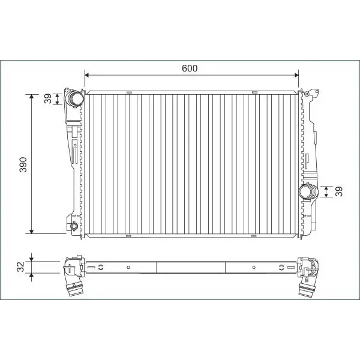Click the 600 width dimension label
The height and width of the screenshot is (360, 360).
point(190,68)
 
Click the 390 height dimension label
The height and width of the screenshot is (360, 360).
point(23,164)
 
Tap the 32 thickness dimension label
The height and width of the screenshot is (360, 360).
point(20,267)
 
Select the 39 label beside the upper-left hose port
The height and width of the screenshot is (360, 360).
point(48,98)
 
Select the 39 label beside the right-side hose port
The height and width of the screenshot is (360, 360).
point(339,191)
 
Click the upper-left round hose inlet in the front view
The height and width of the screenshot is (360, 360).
point(76,98)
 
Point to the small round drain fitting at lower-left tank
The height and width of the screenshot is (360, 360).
point(74,226)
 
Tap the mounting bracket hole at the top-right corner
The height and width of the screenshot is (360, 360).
point(306,94)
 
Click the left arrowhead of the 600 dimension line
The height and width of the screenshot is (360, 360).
point(87,75)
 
